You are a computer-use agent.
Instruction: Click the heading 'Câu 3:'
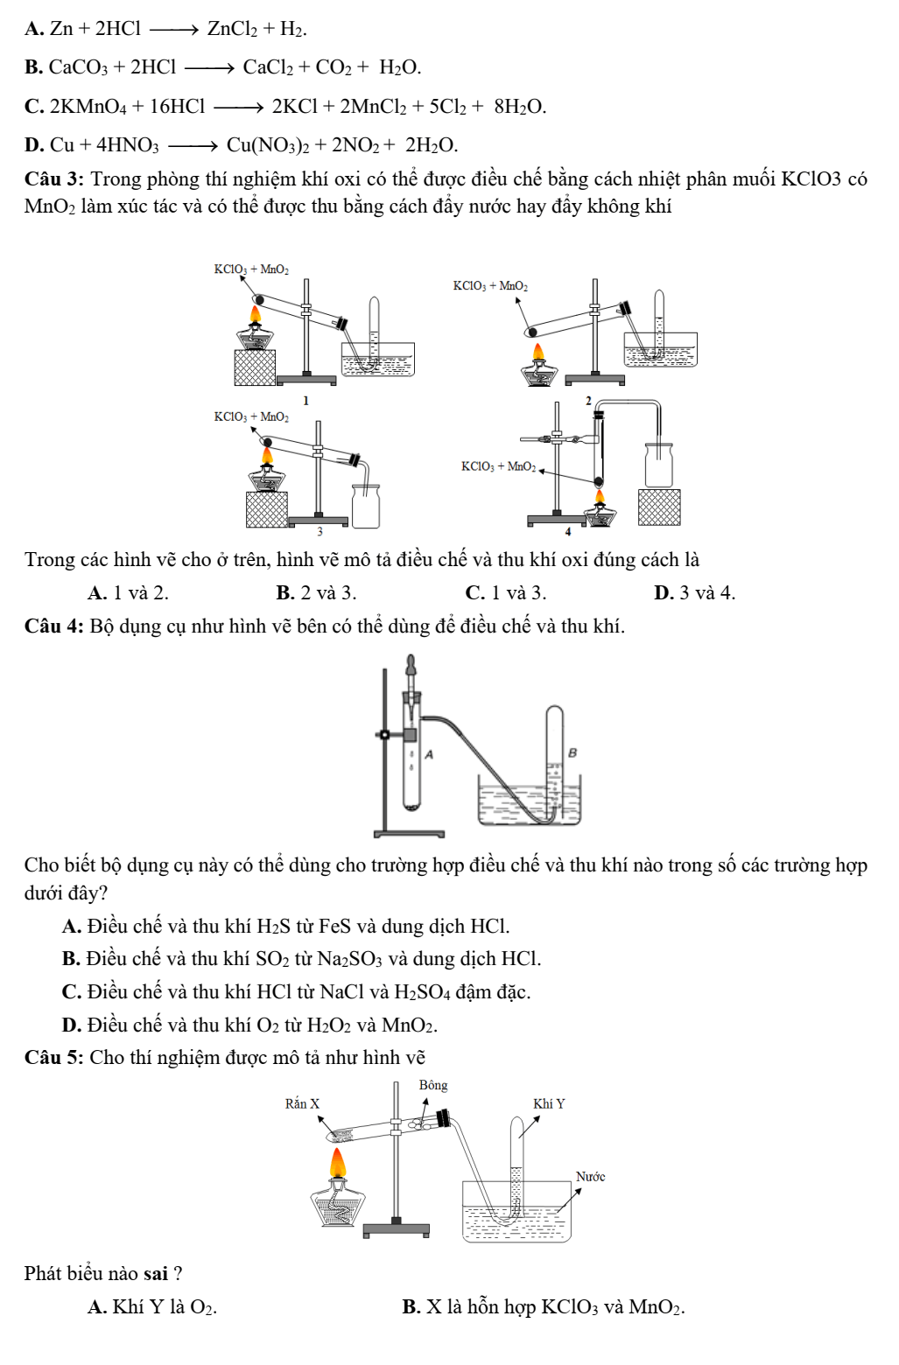[54, 179]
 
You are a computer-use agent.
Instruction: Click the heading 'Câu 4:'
[54, 626]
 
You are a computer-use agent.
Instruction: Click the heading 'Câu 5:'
[54, 1058]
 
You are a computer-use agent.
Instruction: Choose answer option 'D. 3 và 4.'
[694, 593]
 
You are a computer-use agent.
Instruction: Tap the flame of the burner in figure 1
[256, 314]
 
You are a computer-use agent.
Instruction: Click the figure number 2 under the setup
[588, 401]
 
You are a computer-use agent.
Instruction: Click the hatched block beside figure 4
[659, 507]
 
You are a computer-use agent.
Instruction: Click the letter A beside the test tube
[429, 753]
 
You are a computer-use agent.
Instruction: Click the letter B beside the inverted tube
[572, 752]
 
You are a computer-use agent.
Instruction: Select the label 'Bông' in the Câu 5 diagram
[433, 1086]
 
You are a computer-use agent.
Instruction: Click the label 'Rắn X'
[303, 1104]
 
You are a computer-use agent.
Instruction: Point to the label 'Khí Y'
[549, 1104]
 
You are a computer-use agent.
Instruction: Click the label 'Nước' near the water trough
[590, 1177]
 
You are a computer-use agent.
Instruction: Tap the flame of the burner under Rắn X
[338, 1164]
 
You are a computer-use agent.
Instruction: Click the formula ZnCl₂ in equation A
[232, 29]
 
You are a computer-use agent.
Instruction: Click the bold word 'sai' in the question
[156, 1274]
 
